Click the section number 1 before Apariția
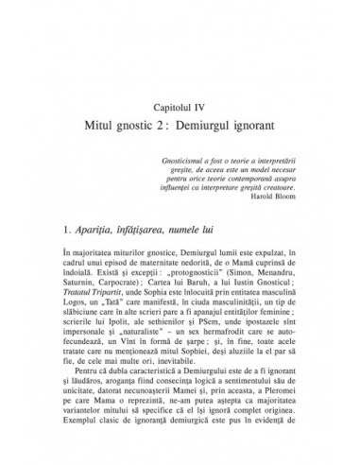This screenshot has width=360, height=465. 61,230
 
